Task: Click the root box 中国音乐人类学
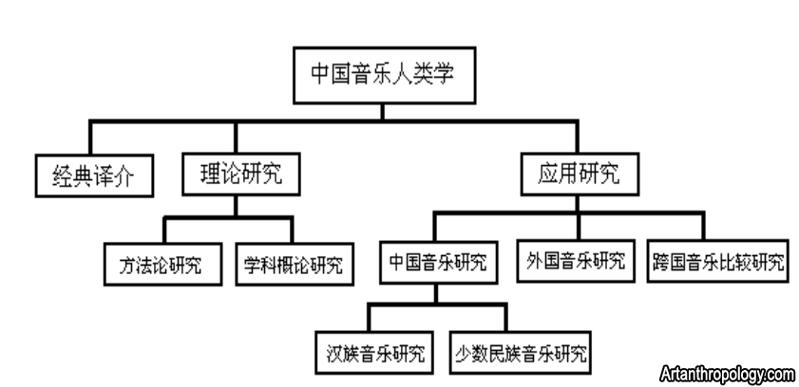pyautogui.click(x=383, y=76)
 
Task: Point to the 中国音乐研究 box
pyautogui.click(x=438, y=261)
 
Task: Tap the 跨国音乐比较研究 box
pyautogui.click(x=719, y=261)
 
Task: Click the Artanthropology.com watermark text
pyautogui.click(x=727, y=375)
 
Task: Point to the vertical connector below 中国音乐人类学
pyautogui.click(x=383, y=112)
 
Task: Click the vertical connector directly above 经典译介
pyautogui.click(x=91, y=138)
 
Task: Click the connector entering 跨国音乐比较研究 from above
pyautogui.click(x=704, y=228)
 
